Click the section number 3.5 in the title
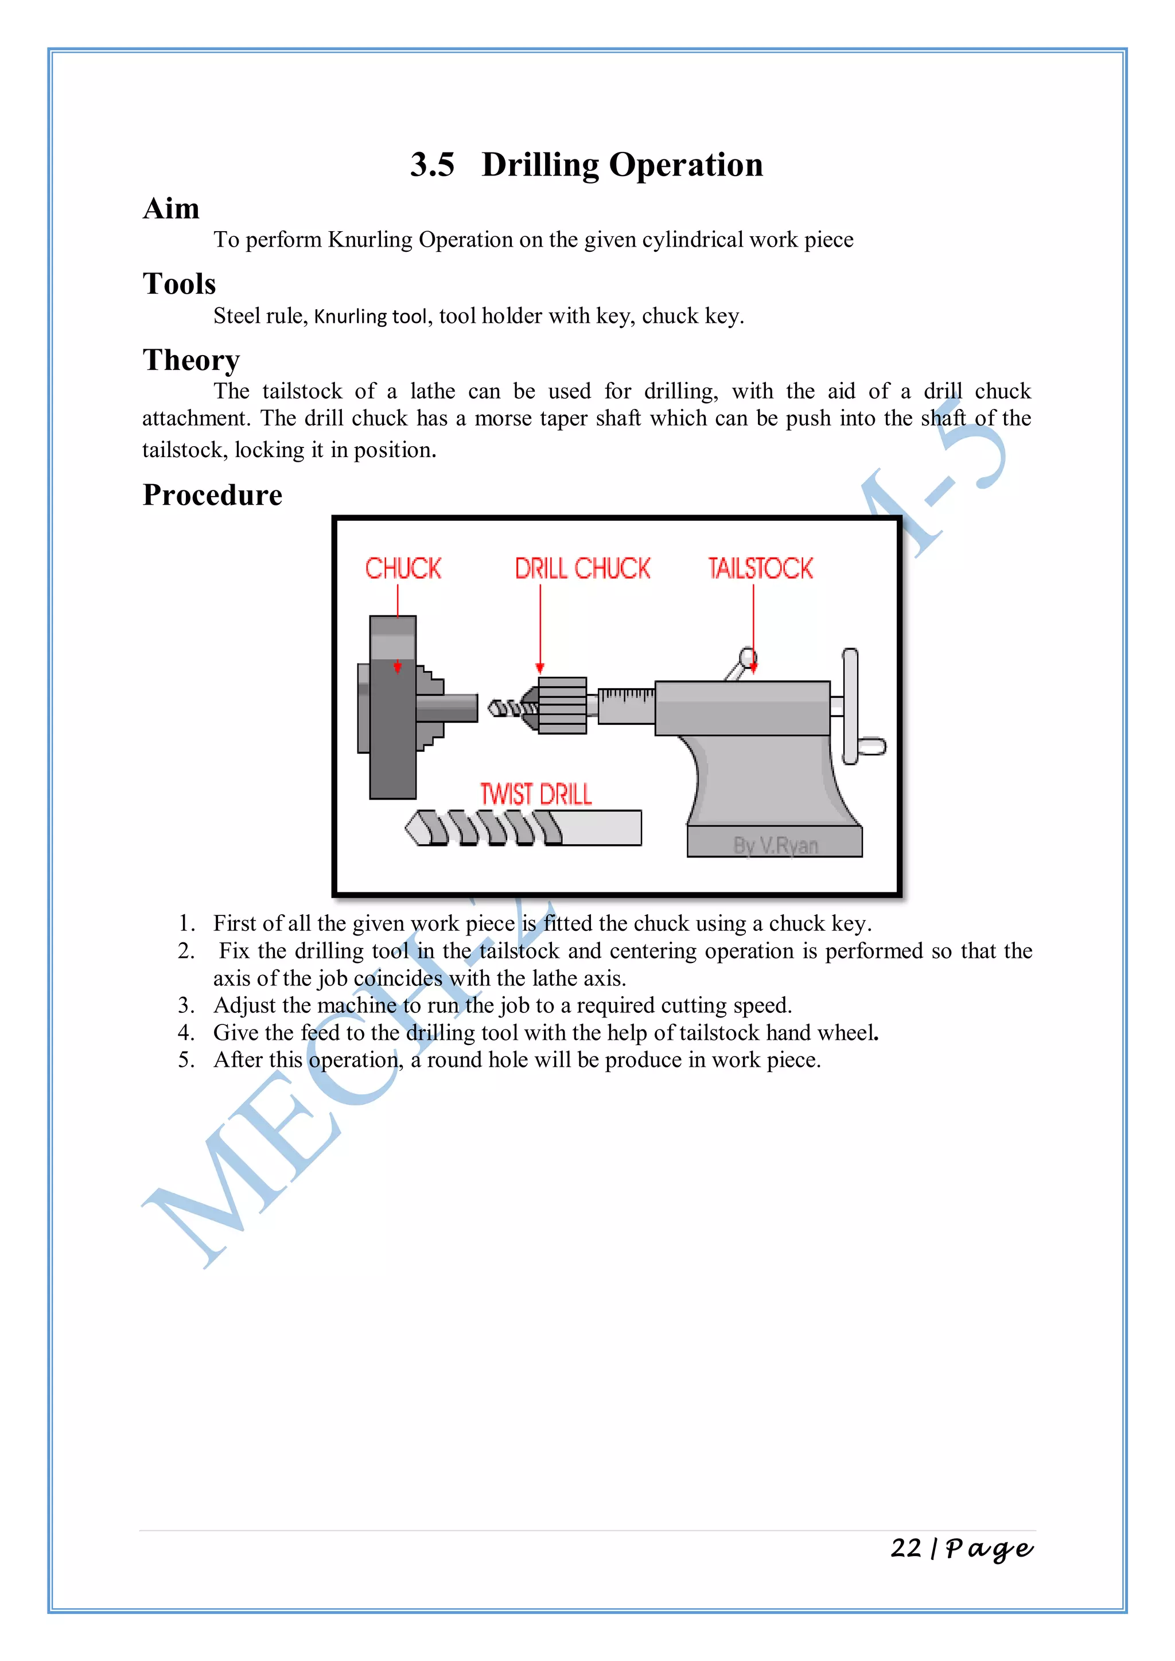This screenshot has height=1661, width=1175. (x=432, y=165)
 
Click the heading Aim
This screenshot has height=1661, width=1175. (x=171, y=209)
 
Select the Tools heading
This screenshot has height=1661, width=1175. (x=178, y=284)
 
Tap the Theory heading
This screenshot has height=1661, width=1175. (x=191, y=360)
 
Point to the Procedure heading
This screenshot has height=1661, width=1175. (x=212, y=496)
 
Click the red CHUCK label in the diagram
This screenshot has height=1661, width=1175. (x=402, y=568)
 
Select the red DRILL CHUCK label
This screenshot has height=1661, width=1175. (x=582, y=568)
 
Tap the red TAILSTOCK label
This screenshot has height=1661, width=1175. (x=760, y=568)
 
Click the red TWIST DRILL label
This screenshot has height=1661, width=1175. (x=535, y=794)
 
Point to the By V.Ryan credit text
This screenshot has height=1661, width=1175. (x=775, y=845)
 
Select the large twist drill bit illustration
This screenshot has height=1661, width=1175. (x=523, y=828)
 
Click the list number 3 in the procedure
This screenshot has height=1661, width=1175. (x=185, y=1005)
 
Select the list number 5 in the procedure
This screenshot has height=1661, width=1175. (x=185, y=1060)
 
